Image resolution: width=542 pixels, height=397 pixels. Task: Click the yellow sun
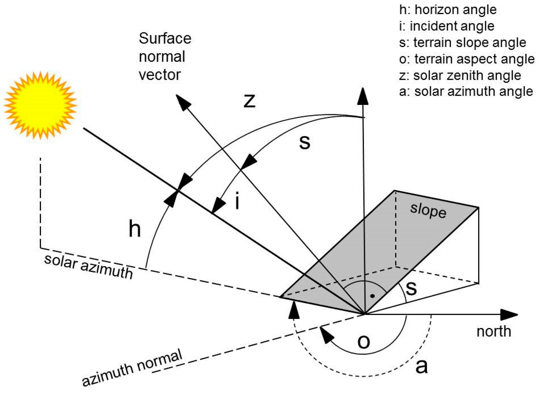pos(40,105)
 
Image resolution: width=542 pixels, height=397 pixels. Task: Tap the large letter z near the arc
pos(249,101)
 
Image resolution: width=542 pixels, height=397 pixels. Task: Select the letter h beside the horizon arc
pos(134,229)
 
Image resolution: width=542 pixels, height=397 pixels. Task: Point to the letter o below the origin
pos(364,342)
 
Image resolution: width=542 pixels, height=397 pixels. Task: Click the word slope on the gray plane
pos(428,211)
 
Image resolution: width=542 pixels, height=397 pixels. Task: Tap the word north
pos(493,331)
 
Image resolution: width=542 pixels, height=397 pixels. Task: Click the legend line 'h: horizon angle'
pos(448,10)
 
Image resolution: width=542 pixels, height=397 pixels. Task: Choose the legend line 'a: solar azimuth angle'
pos(466,92)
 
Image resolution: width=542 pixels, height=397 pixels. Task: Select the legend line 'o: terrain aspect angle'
pos(467,59)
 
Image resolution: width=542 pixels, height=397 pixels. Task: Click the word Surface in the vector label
pos(165,38)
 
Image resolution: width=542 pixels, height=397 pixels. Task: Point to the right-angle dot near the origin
pos(372,296)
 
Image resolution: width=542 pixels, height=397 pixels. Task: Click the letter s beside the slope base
pos(411,288)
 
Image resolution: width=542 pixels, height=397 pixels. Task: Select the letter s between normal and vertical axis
pos(305,142)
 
